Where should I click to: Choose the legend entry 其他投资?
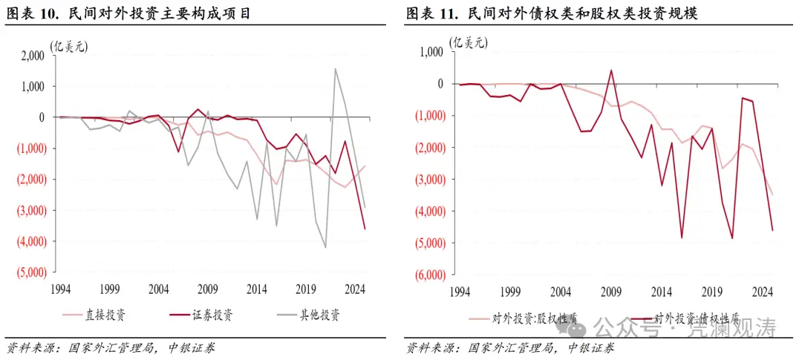coord(319,315)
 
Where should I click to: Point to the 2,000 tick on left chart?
coord(30,55)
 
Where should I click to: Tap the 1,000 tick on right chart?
coord(431,52)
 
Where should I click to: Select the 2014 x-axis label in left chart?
coord(257,289)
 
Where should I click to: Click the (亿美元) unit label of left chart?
coord(69,46)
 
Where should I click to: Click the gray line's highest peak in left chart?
coord(335,69)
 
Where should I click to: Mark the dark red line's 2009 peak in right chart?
coord(611,71)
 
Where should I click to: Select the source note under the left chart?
coord(111,347)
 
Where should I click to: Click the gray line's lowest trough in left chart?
coord(325,247)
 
